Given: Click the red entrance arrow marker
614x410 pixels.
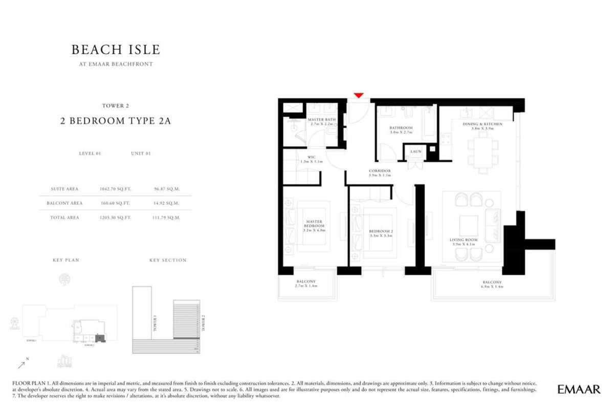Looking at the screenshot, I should [359, 95].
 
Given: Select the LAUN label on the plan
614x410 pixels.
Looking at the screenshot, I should [415, 152].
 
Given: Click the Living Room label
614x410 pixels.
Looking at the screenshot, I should [464, 240].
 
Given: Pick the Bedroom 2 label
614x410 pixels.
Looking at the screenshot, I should [381, 231].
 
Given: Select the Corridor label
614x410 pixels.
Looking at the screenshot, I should [380, 170].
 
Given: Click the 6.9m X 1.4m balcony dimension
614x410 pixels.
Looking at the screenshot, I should [492, 287].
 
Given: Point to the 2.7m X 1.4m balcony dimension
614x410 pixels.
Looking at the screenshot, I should [306, 287].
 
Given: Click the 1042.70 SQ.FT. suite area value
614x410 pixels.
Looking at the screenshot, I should [116, 189].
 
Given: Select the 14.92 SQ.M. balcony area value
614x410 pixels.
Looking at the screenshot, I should [168, 203].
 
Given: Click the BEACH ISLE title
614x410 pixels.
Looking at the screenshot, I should [116, 50].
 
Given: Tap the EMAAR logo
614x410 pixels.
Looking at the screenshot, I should [579, 390].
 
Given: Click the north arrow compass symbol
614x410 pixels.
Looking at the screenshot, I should [21, 364].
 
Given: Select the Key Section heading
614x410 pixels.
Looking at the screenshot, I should [168, 260].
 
